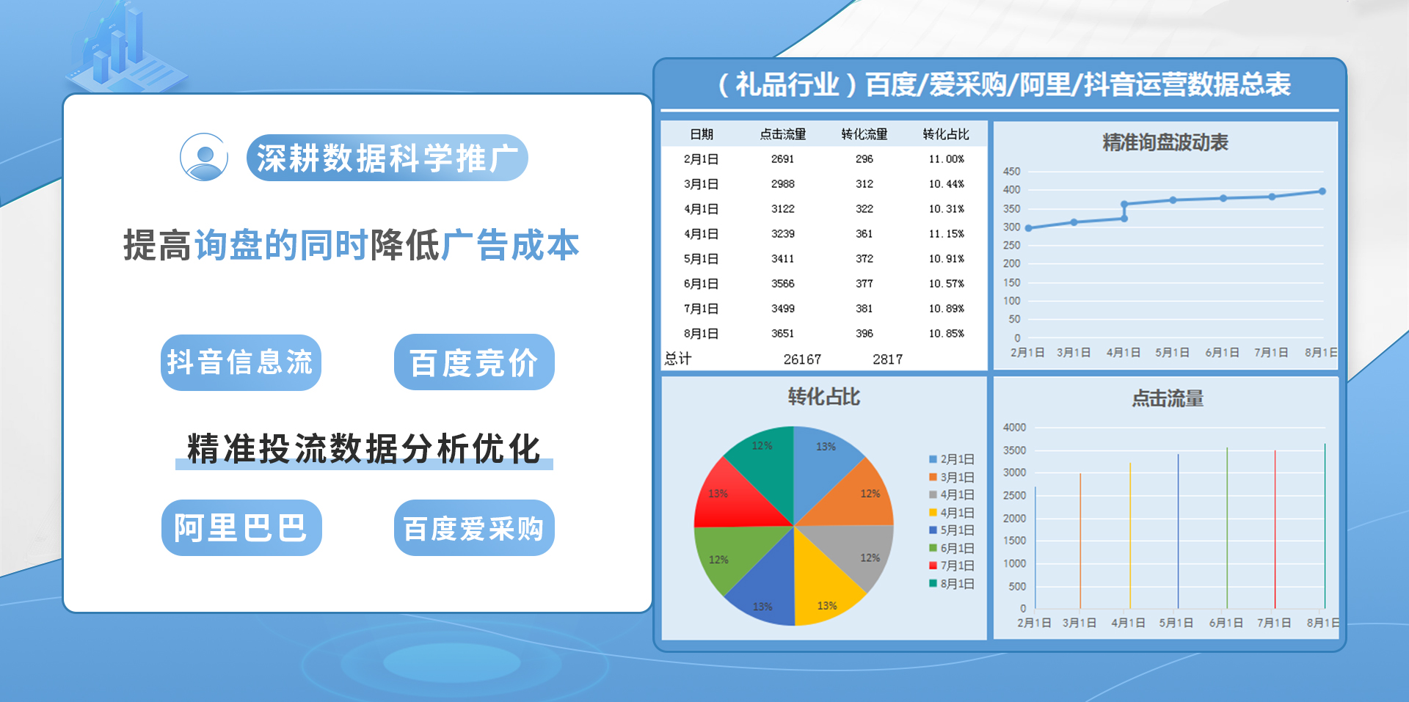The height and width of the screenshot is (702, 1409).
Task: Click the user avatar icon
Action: (x=204, y=157)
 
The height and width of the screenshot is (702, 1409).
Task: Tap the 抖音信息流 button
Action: (x=241, y=362)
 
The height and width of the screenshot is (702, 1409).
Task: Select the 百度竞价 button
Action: (x=474, y=362)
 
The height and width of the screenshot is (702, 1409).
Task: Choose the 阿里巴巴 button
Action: (x=241, y=527)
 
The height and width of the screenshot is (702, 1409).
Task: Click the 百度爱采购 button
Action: (x=474, y=527)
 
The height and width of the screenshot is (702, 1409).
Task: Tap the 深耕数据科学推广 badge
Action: (x=387, y=158)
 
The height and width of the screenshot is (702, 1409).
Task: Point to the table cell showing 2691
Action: (x=782, y=159)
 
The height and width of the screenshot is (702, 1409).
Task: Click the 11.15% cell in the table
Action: (x=946, y=234)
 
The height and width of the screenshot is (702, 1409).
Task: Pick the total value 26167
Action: (x=802, y=359)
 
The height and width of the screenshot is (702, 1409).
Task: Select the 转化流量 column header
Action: (x=864, y=134)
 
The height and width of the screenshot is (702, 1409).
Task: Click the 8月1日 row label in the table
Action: (x=701, y=334)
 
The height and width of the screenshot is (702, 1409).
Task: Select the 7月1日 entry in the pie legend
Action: (x=952, y=566)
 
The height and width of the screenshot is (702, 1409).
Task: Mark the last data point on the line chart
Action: (x=1322, y=191)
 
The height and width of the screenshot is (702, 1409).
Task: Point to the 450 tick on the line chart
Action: (x=1011, y=172)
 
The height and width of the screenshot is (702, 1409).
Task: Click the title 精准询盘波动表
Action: (x=1165, y=142)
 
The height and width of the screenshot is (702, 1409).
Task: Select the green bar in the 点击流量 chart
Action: (x=1227, y=528)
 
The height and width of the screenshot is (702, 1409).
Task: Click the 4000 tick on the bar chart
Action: (x=1014, y=428)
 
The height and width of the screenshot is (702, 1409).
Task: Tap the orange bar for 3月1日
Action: (x=1080, y=541)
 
